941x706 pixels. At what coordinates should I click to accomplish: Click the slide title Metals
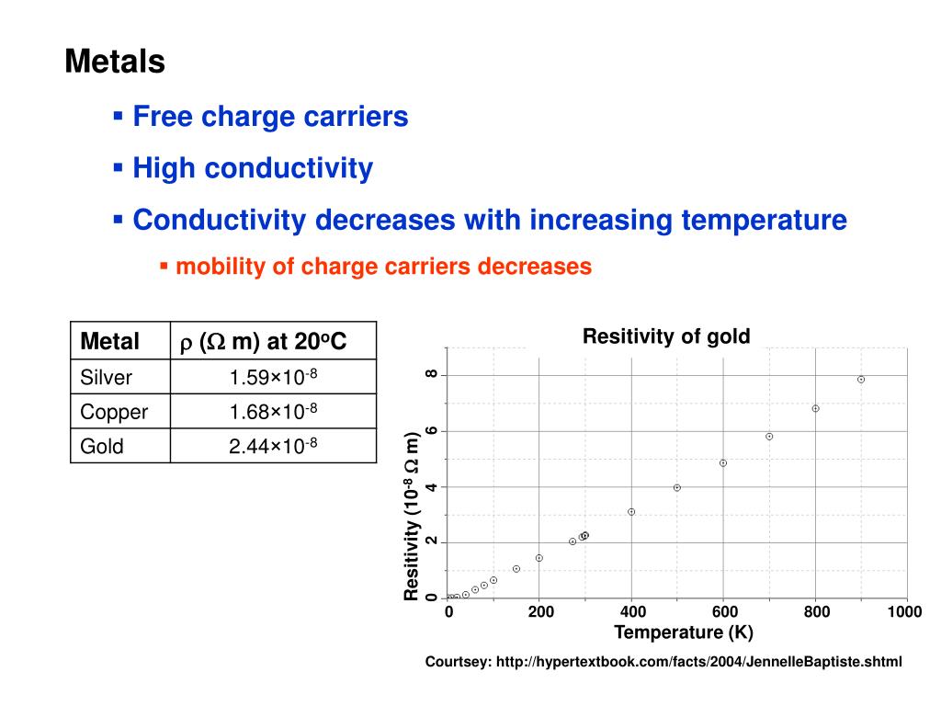coord(115,63)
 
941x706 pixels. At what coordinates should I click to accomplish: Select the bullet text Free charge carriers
coord(270,117)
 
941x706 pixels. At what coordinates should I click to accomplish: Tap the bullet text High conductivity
coord(253,168)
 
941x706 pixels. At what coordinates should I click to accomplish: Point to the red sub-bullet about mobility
coord(383,267)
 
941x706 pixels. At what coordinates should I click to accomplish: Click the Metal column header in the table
coord(110,342)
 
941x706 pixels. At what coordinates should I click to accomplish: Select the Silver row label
coord(107,377)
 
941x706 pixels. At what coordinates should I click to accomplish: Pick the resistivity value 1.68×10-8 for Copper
coord(273,411)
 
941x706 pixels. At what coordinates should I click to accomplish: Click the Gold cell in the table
coord(102,446)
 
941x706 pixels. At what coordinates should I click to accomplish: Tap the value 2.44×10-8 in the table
coord(273,446)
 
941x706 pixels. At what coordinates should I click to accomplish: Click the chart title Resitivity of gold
coord(666,336)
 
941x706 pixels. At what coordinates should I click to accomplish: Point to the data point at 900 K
coord(861,379)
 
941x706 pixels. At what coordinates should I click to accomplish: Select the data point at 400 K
coord(631,511)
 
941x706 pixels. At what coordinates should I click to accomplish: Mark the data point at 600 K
coord(723,462)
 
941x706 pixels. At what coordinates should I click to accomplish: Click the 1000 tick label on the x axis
coord(905,613)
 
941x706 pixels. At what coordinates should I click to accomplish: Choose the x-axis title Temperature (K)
coord(684,632)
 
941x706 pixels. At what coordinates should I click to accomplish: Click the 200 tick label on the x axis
coord(540,613)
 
